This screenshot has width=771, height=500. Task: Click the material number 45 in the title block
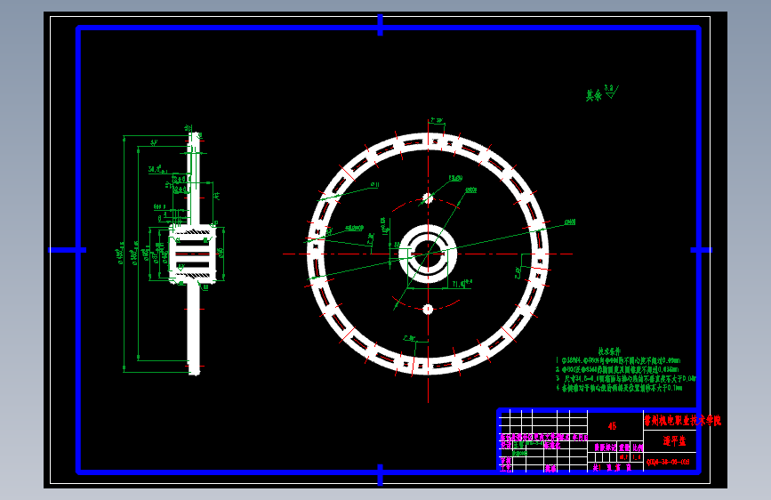(x=611, y=426)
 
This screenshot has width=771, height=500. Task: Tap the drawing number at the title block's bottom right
(x=668, y=462)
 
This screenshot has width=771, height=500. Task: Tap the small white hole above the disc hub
(x=427, y=198)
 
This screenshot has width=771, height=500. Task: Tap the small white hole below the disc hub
(x=427, y=309)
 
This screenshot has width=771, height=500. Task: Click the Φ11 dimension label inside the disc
(x=374, y=185)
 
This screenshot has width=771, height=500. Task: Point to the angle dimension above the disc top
(x=435, y=119)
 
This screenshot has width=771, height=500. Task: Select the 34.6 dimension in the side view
(x=157, y=169)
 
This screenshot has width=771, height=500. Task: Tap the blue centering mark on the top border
(x=381, y=25)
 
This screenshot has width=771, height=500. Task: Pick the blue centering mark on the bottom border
(x=381, y=473)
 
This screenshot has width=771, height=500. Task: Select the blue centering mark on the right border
(x=702, y=250)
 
